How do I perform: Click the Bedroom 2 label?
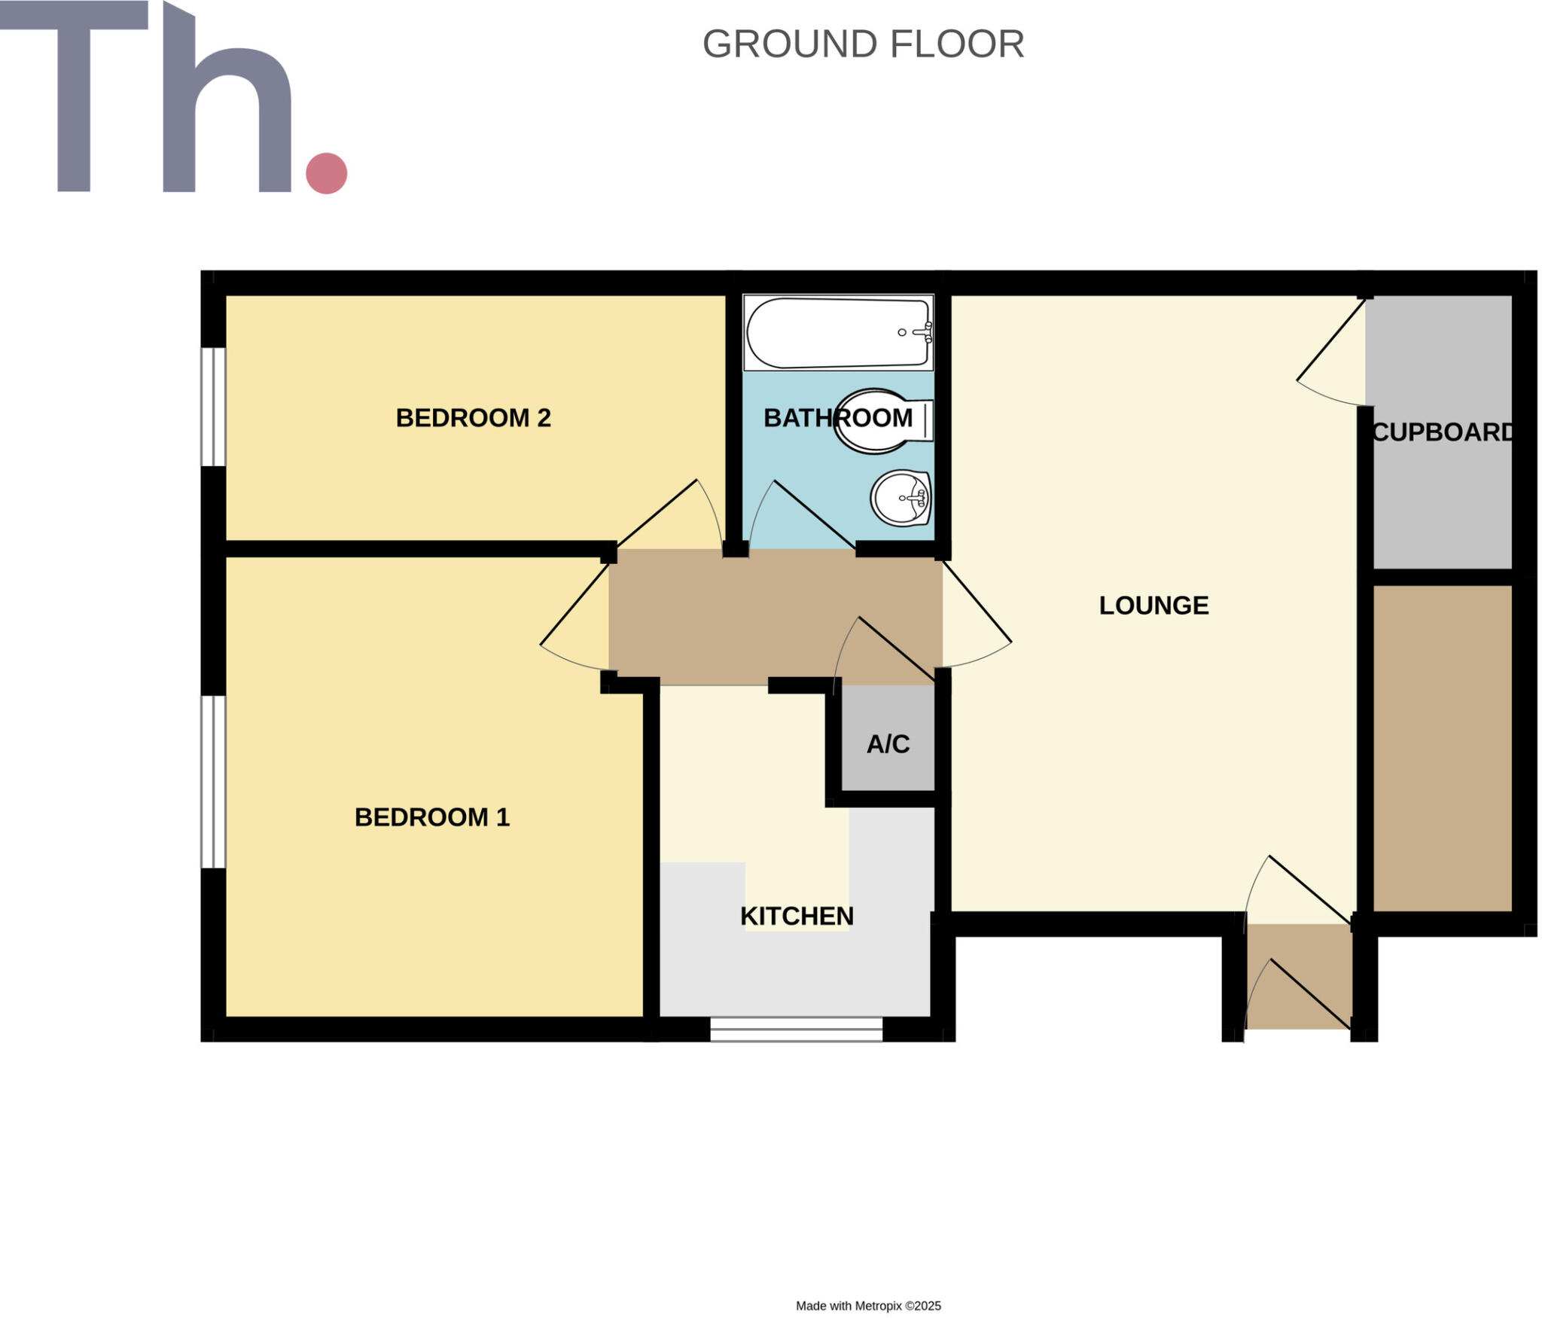click(473, 418)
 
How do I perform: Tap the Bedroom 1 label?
click(431, 817)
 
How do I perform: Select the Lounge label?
click(1153, 606)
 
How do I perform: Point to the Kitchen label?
click(797, 917)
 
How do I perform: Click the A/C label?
click(888, 744)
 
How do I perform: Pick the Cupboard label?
click(1442, 432)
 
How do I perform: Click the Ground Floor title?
click(863, 44)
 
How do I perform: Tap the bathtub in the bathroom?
click(828, 332)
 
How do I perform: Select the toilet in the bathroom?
click(881, 420)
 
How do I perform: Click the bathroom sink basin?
click(901, 498)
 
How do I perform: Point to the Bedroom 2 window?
click(213, 407)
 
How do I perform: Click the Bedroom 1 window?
click(213, 781)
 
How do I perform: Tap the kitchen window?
click(796, 1029)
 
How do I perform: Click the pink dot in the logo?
click(326, 173)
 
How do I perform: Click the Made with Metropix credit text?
click(868, 1305)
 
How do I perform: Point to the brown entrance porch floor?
click(1298, 976)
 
